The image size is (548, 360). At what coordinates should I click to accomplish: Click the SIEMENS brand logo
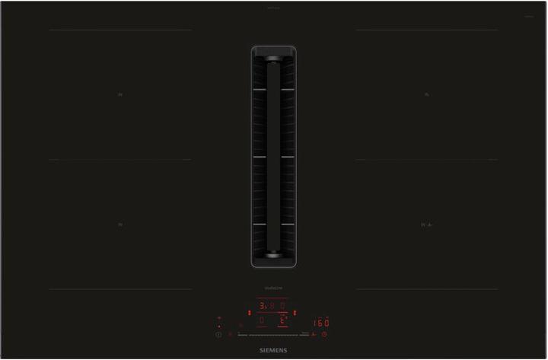[x=274, y=348]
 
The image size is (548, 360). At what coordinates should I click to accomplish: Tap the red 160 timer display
[x=320, y=323]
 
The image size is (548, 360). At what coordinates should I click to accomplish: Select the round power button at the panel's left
[x=218, y=335]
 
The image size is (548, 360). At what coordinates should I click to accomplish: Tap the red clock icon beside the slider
[x=324, y=335]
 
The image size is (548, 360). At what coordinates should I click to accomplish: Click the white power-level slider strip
[x=273, y=335]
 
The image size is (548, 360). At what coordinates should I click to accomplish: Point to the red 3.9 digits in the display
[x=266, y=306]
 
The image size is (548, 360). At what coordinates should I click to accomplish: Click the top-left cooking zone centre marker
[x=120, y=95]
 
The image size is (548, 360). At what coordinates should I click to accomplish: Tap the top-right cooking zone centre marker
[x=426, y=95]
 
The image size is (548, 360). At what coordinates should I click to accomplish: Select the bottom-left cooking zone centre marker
[x=120, y=225]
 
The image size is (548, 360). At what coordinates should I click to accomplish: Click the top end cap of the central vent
[x=273, y=54]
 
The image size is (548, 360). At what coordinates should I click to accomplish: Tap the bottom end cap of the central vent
[x=273, y=260]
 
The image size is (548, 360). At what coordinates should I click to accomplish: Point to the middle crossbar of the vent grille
[x=273, y=158]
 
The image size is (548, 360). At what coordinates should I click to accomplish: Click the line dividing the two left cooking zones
[x=120, y=160]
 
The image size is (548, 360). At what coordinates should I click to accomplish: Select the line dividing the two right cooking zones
[x=426, y=160]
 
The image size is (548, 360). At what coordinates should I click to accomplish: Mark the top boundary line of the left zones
[x=120, y=30]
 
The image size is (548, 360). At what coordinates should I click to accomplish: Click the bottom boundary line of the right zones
[x=426, y=289]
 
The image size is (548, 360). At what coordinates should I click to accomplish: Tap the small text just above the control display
[x=273, y=288]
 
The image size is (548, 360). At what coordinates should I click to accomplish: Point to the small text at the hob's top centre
[x=273, y=9]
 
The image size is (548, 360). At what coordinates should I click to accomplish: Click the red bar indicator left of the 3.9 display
[x=249, y=312]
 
